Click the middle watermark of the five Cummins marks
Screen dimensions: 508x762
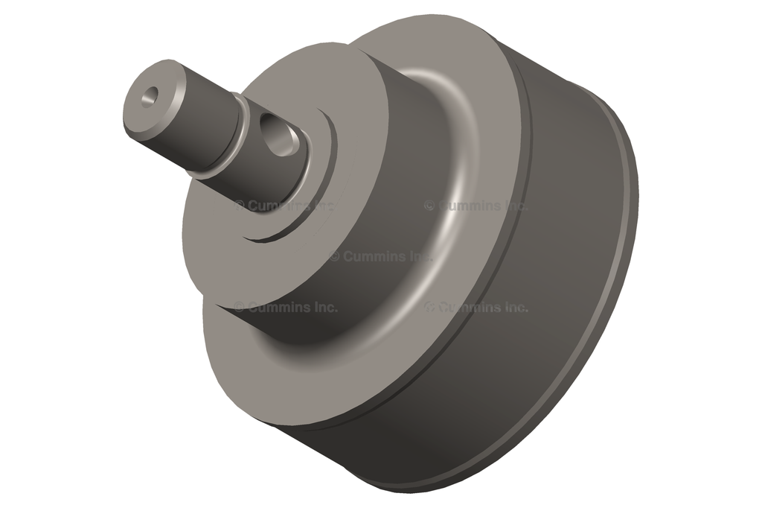(x=380, y=256)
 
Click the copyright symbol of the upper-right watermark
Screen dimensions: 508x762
(x=429, y=206)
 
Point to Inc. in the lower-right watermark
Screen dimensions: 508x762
(x=513, y=307)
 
